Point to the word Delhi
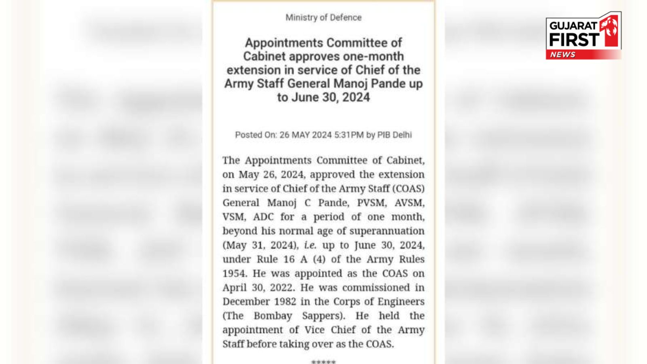click(402, 135)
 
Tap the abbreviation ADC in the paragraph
click(263, 217)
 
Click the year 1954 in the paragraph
click(234, 273)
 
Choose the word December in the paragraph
click(246, 302)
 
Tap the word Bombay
click(273, 316)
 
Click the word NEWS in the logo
click(562, 55)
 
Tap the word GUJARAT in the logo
click(573, 25)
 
